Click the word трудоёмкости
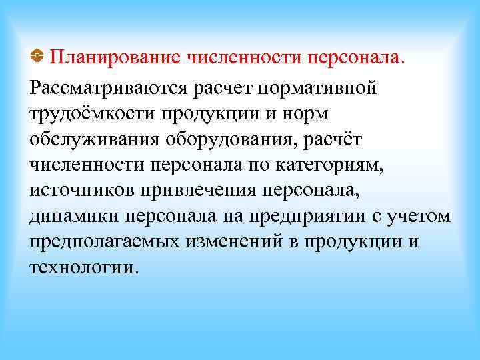click(90, 114)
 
